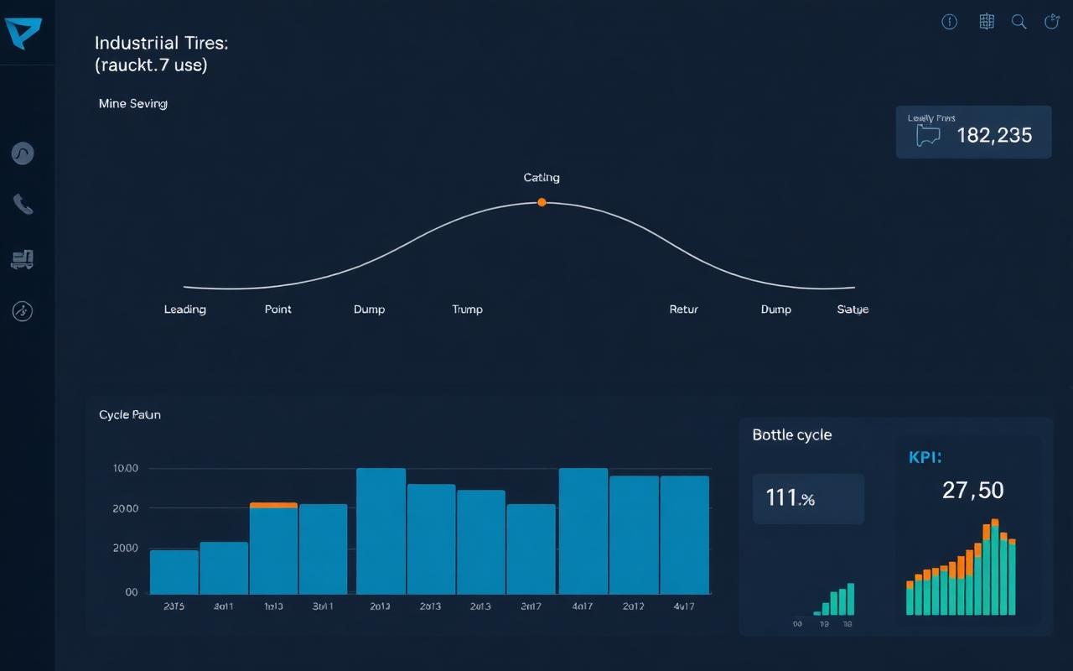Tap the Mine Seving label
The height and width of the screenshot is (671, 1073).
[x=132, y=104]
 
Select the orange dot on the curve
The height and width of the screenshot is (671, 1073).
[x=542, y=202]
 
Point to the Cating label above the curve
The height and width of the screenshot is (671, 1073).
[x=542, y=178]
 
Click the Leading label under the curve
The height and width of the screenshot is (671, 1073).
[x=184, y=309]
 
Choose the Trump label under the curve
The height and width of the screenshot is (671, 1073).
[x=467, y=309]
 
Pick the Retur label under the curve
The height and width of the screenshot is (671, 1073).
[x=684, y=309]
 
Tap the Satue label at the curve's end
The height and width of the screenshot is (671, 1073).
[x=853, y=309]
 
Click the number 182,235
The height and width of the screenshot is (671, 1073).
[x=994, y=135]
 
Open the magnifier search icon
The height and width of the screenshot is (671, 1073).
[x=1019, y=23]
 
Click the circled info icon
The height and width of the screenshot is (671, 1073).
[x=950, y=23]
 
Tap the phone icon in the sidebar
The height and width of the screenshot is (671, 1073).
[x=23, y=204]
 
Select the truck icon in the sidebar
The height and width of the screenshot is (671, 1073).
[x=23, y=259]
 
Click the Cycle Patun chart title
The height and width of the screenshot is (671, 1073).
[x=130, y=414]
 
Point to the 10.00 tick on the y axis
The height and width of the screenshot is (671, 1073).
[x=125, y=469]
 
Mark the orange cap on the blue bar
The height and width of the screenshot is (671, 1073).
[x=273, y=505]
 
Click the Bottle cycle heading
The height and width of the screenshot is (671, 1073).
[x=792, y=434]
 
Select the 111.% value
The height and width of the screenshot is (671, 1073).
[x=790, y=498]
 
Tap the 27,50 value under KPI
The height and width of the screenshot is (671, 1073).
[x=972, y=490]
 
